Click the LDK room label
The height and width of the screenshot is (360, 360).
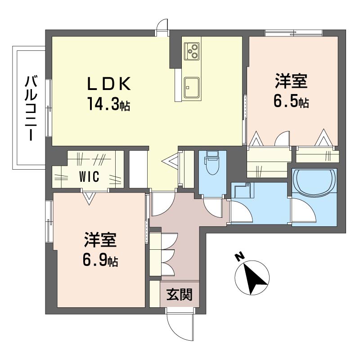click(109, 83)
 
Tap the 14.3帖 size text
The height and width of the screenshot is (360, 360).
click(108, 105)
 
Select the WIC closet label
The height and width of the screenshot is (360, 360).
click(89, 176)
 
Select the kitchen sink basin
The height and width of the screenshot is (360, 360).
click(192, 87)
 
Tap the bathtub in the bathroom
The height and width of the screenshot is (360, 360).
click(314, 183)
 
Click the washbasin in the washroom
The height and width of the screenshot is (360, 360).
click(243, 190)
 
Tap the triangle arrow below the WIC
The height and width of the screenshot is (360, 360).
click(89, 198)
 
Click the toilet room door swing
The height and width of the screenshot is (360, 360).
click(212, 208)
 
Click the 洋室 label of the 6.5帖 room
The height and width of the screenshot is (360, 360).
click(291, 81)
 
